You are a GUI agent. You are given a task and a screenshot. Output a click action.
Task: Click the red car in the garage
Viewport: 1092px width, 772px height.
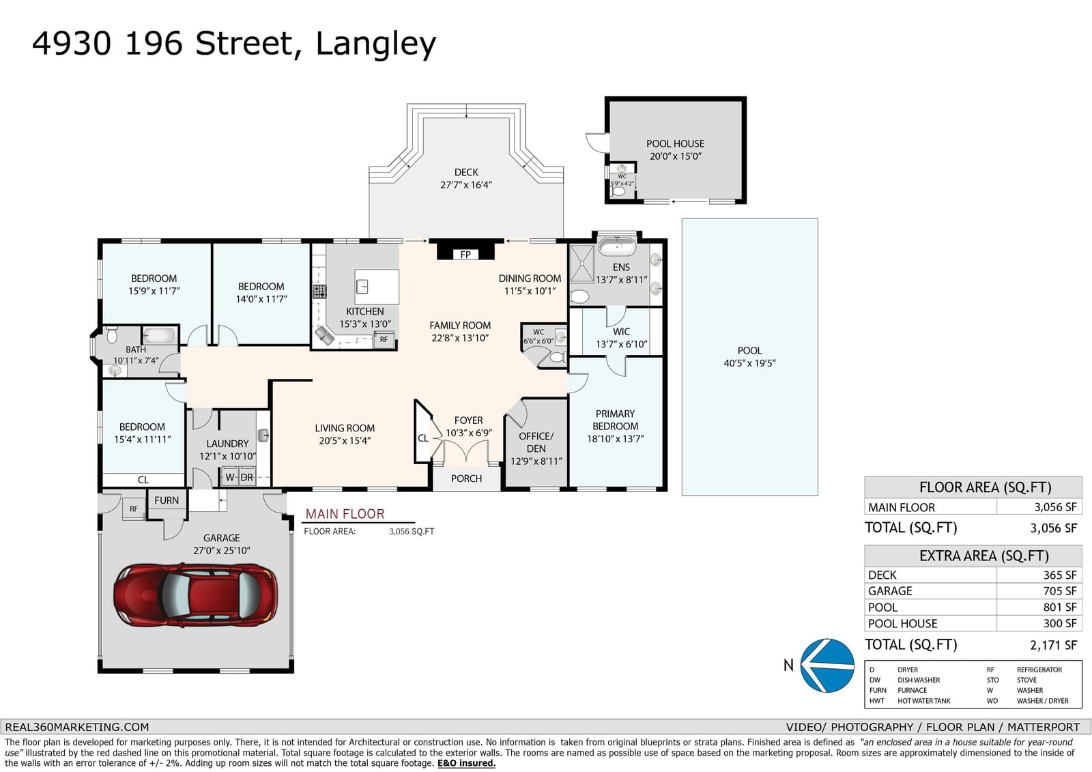coord(195,595)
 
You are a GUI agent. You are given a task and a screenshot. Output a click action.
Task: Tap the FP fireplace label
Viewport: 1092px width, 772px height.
coord(465,255)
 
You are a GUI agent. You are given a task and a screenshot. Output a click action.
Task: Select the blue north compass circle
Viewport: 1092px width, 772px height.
coord(827,666)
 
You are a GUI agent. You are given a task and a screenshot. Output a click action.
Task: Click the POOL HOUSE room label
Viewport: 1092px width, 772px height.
coord(675,144)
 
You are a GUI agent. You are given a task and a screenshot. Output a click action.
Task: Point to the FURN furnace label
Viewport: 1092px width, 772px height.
coord(167,500)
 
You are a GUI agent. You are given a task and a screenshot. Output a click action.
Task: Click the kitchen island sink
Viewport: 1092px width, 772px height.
coord(362,286)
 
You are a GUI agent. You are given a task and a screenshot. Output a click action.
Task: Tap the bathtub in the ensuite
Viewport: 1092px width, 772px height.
coord(617,246)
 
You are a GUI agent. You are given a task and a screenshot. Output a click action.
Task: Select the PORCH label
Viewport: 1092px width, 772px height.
coord(467,478)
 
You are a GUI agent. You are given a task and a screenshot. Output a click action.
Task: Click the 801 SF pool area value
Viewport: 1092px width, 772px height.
coord(1060,607)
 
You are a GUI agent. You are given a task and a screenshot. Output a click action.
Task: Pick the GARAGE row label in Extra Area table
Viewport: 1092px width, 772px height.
coord(890,591)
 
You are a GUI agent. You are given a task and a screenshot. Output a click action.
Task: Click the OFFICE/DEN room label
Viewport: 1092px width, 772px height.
coord(536,442)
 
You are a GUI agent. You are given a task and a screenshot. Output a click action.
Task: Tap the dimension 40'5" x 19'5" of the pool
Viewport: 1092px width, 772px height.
coord(750,363)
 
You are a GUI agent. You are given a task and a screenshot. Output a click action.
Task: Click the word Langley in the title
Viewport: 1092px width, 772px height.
coord(376,44)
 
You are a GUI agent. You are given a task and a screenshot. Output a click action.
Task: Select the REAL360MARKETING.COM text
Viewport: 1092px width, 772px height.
coord(77,727)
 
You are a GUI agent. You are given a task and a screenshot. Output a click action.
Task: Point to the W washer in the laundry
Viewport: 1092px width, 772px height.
coord(230,477)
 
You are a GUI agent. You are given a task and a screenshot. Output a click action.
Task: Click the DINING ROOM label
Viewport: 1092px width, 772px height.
coord(530,278)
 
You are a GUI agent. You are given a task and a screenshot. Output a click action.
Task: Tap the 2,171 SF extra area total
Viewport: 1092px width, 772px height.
coord(1054,645)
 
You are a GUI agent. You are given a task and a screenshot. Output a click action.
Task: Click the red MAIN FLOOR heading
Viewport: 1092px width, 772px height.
coord(345,513)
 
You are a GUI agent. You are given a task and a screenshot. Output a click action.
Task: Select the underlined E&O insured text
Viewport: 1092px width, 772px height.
coord(466,763)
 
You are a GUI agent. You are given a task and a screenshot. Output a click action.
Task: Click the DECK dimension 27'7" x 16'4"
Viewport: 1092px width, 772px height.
coord(466,185)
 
